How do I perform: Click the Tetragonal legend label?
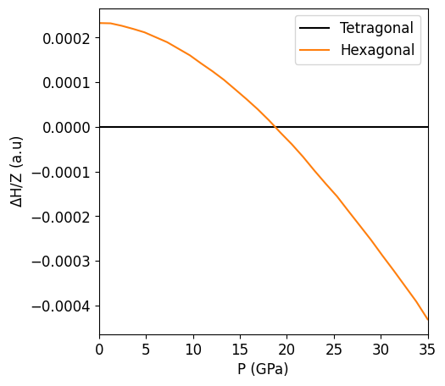(376, 28)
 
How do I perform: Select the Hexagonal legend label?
(377, 50)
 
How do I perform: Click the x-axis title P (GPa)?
(264, 369)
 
